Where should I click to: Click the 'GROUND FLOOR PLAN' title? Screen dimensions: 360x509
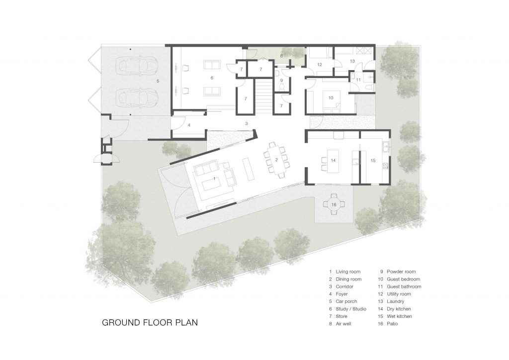pyautogui.click(x=150, y=322)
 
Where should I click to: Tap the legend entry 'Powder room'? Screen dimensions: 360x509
pyautogui.click(x=401, y=272)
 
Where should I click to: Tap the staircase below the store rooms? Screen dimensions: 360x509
pyautogui.click(x=264, y=97)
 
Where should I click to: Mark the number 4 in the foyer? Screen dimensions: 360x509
pyautogui.click(x=189, y=125)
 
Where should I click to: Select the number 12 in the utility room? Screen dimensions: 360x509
pyautogui.click(x=320, y=65)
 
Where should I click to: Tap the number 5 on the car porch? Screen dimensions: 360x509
pyautogui.click(x=158, y=80)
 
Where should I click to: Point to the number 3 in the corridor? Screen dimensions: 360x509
pyautogui.click(x=246, y=123)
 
